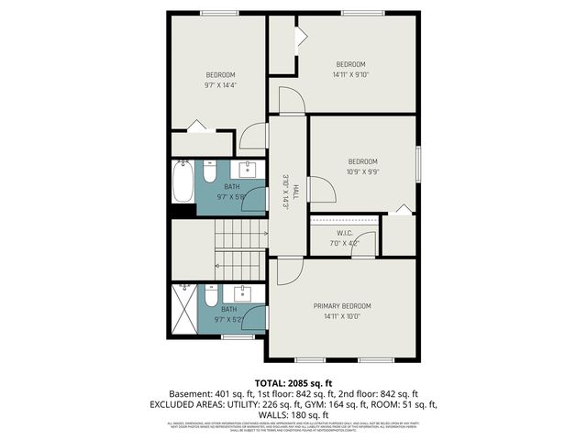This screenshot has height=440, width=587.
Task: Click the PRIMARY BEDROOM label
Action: [342, 306]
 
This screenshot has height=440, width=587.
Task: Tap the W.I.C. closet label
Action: [344, 232]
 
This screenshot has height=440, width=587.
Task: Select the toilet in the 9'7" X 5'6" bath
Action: [210, 171]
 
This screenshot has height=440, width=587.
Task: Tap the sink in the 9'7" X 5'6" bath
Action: [248, 169]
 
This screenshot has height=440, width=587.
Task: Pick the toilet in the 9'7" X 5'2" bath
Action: [210, 298]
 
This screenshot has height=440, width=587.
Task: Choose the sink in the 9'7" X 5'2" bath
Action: [244, 293]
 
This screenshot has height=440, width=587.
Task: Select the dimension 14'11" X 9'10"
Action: [349, 75]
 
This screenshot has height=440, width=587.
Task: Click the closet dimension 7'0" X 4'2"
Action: [344, 243]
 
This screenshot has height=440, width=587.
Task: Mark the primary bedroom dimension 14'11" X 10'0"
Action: [342, 317]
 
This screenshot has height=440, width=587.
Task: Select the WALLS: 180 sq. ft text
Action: [293, 414]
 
